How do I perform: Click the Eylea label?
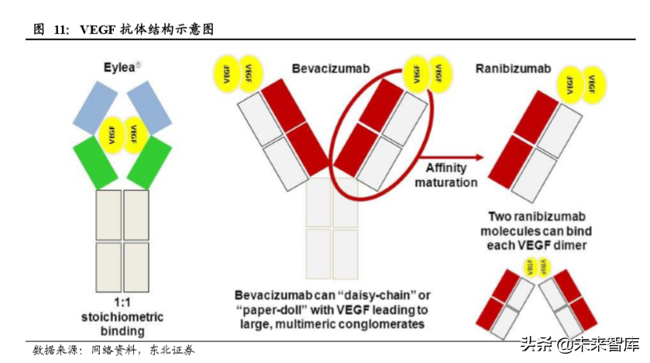tap(121, 67)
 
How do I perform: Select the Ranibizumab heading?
tap(512, 69)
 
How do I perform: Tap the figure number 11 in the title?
tap(60, 29)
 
